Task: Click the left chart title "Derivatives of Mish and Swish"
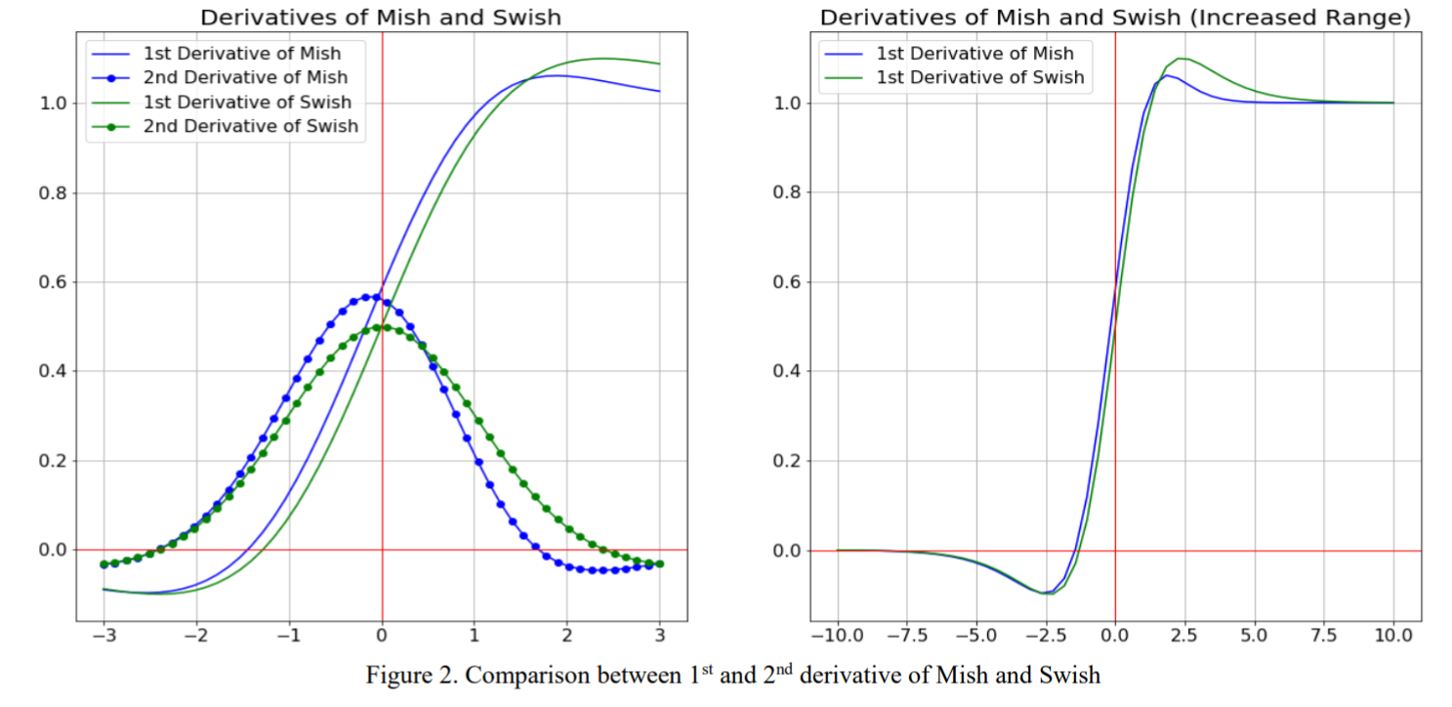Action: (381, 17)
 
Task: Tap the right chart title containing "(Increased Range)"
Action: (1115, 17)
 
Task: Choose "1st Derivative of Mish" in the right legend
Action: (975, 54)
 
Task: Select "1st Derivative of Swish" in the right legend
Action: (979, 78)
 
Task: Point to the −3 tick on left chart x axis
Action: (104, 636)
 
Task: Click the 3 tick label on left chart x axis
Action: (660, 636)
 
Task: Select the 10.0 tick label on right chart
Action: (1392, 636)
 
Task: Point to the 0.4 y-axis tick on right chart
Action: (788, 372)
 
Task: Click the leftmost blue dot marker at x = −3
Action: (104, 564)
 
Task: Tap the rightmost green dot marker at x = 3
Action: (660, 564)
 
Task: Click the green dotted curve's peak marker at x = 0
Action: (382, 327)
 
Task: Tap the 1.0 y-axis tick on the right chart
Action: (788, 104)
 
